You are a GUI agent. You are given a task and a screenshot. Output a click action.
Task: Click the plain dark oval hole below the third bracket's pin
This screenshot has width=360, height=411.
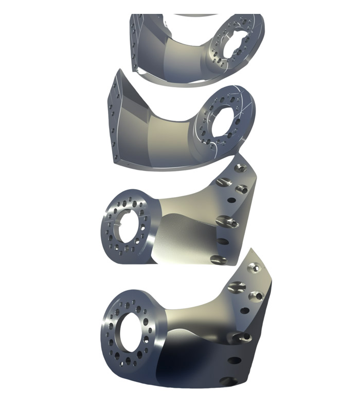(223, 240)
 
